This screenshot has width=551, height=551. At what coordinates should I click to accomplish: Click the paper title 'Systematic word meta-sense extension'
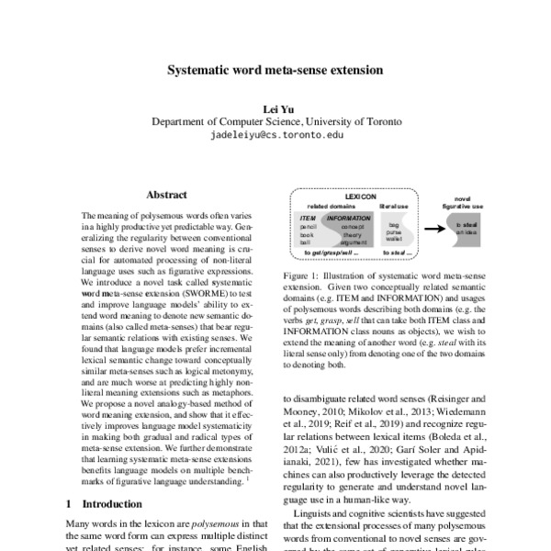click(275, 69)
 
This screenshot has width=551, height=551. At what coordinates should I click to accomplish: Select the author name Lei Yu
click(275, 107)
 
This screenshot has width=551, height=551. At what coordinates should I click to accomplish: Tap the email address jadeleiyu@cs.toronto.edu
click(276, 134)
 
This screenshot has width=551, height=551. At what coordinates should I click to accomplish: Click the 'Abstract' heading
click(166, 195)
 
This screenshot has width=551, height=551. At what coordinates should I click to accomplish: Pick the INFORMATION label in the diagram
click(348, 219)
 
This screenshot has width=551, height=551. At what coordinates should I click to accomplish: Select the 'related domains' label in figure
click(331, 208)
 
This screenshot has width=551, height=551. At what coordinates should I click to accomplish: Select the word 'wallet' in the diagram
click(394, 238)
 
